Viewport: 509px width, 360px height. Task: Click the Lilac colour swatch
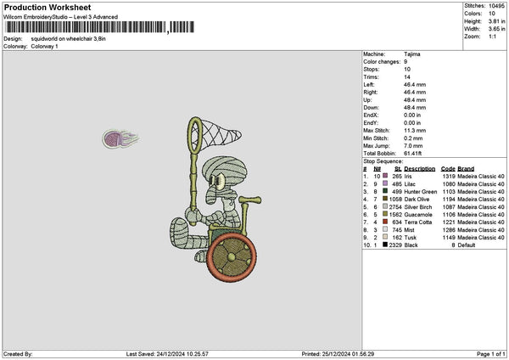(x=387, y=183)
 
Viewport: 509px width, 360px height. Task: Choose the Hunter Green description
(x=422, y=191)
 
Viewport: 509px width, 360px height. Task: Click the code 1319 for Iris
(x=448, y=176)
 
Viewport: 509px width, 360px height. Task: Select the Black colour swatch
(x=386, y=245)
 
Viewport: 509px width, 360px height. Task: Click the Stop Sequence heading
(x=383, y=160)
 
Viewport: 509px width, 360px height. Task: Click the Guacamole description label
(x=420, y=215)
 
